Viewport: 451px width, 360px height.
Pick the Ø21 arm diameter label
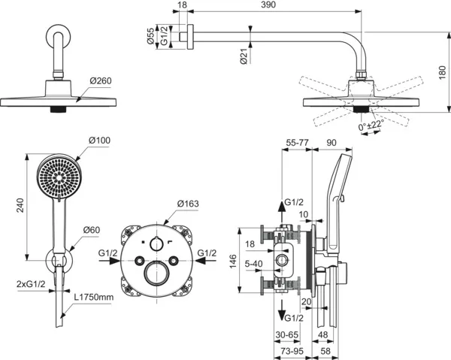(x=244, y=56)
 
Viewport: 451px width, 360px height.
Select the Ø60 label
(x=92, y=229)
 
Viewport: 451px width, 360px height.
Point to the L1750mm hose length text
(x=95, y=298)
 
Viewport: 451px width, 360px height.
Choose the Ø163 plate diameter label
(x=188, y=203)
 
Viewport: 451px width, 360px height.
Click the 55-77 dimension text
(x=298, y=141)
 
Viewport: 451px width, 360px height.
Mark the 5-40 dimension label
(x=253, y=264)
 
